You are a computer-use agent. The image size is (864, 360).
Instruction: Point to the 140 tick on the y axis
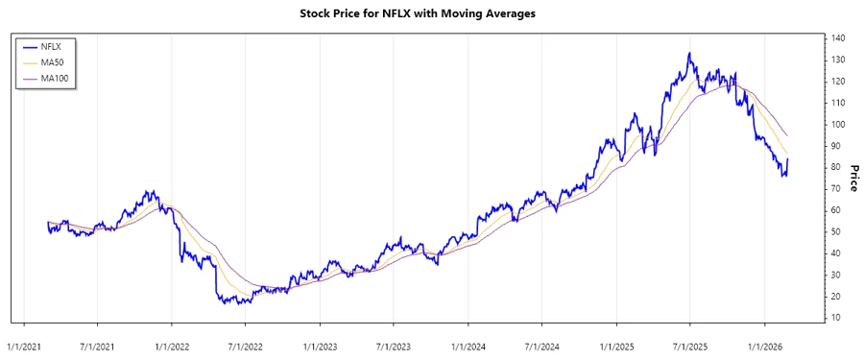pyautogui.click(x=839, y=38)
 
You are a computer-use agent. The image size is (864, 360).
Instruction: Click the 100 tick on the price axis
pyautogui.click(x=839, y=125)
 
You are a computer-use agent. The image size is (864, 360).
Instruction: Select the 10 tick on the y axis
pyautogui.click(x=837, y=318)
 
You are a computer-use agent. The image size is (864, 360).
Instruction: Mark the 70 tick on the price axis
pyautogui.click(x=837, y=189)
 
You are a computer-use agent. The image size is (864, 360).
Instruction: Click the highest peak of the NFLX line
pyautogui.click(x=689, y=54)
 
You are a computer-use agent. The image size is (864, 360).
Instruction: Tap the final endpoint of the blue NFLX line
pyautogui.click(x=788, y=160)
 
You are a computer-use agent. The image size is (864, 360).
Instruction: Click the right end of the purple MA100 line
pyautogui.click(x=788, y=135)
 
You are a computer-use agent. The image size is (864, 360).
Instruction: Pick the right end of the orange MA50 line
pyautogui.click(x=788, y=155)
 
